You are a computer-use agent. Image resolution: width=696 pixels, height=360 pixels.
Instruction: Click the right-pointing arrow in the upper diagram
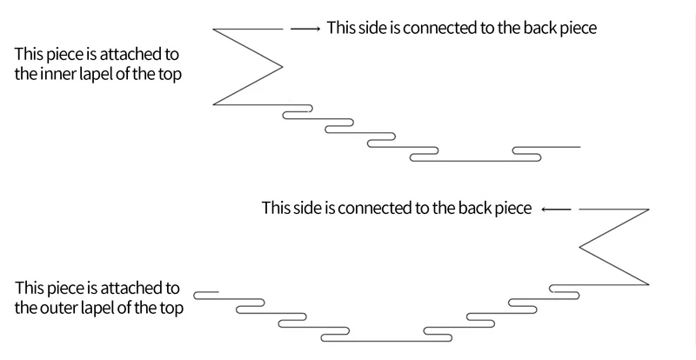[x=305, y=29]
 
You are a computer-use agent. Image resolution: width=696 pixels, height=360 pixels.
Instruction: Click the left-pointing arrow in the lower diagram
[x=556, y=210]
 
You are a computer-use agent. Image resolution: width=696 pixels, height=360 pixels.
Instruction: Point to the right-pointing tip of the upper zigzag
[x=283, y=67]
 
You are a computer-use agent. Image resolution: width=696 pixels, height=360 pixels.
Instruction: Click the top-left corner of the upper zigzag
[x=214, y=30]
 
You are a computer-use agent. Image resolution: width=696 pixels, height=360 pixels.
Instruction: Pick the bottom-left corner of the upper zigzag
[x=214, y=104]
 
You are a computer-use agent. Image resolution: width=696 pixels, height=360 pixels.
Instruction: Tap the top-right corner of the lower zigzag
[x=649, y=210]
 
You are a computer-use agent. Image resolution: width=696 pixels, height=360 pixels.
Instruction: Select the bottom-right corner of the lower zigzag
[x=649, y=284]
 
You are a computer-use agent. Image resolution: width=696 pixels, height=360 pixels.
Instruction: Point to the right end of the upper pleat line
[x=579, y=147]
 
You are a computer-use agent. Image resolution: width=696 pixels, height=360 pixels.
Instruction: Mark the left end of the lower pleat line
[x=195, y=290]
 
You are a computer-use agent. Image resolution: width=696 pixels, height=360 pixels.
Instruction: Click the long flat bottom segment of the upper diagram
[x=474, y=161]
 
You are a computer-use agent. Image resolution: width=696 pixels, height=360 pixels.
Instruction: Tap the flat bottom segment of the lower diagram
[x=386, y=339]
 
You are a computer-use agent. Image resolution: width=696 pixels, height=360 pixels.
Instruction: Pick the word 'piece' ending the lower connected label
[x=512, y=210]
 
